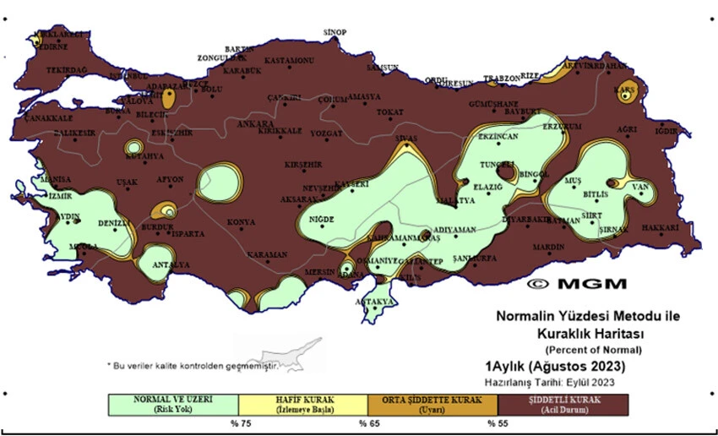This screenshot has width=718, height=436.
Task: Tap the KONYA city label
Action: pos(242,222)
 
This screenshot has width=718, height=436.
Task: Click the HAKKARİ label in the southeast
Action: pos(660,228)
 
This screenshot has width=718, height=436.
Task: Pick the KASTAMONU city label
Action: pos(289,61)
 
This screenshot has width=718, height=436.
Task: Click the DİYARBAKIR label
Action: pos(526,219)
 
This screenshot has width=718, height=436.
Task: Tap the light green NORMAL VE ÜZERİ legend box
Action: pos(173,404)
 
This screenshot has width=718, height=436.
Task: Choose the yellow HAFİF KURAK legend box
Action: pos(303,404)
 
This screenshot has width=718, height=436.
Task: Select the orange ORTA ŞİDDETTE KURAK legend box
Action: pos(432,404)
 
